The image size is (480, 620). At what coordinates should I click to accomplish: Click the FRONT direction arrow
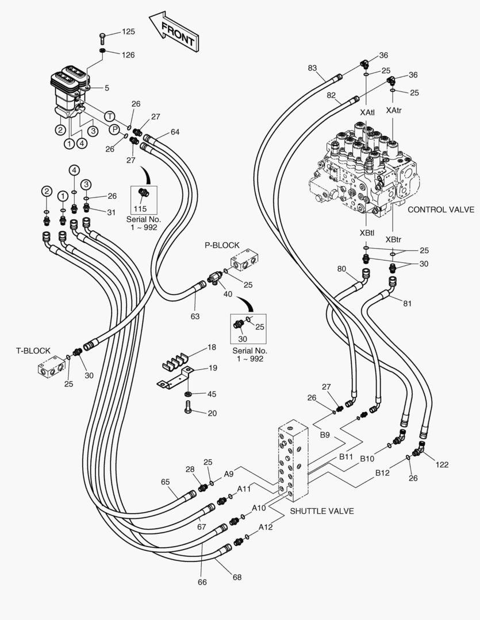click(x=174, y=32)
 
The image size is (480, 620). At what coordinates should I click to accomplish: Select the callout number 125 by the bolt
click(x=129, y=32)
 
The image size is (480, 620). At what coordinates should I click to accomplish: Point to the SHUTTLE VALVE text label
click(x=322, y=511)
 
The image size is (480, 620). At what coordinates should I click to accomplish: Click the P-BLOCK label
click(x=222, y=245)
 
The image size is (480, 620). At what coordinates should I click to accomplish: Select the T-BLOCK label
click(x=33, y=350)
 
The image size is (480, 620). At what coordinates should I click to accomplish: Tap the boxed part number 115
click(x=141, y=208)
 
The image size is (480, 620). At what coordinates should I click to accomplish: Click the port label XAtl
click(x=367, y=113)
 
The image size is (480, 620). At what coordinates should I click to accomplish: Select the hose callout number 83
click(x=312, y=68)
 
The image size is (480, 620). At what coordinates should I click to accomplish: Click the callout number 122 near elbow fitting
click(x=441, y=464)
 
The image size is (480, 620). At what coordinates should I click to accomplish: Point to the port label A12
click(x=266, y=527)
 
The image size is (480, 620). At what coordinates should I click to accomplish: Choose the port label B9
click(x=325, y=436)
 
